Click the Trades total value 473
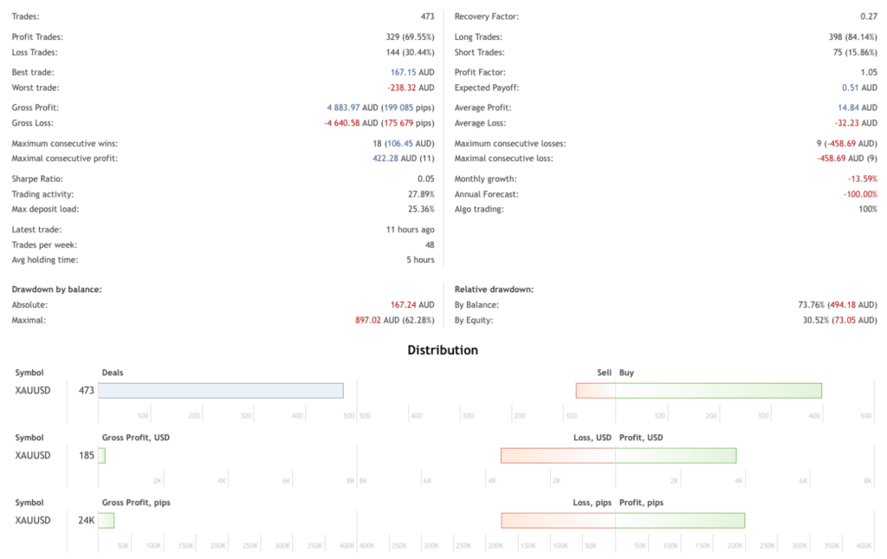click(x=425, y=17)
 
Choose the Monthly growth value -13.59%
click(x=863, y=179)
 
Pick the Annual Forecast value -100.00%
click(x=860, y=194)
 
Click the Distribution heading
click(x=443, y=351)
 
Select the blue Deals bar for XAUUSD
click(x=221, y=391)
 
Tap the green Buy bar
click(x=718, y=391)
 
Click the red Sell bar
click(x=596, y=391)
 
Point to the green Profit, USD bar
click(x=676, y=456)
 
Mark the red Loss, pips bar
click(x=559, y=520)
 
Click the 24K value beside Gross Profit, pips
click(x=86, y=521)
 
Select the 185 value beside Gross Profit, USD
click(x=87, y=456)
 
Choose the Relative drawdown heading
click(x=494, y=289)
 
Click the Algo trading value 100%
click(x=866, y=210)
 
